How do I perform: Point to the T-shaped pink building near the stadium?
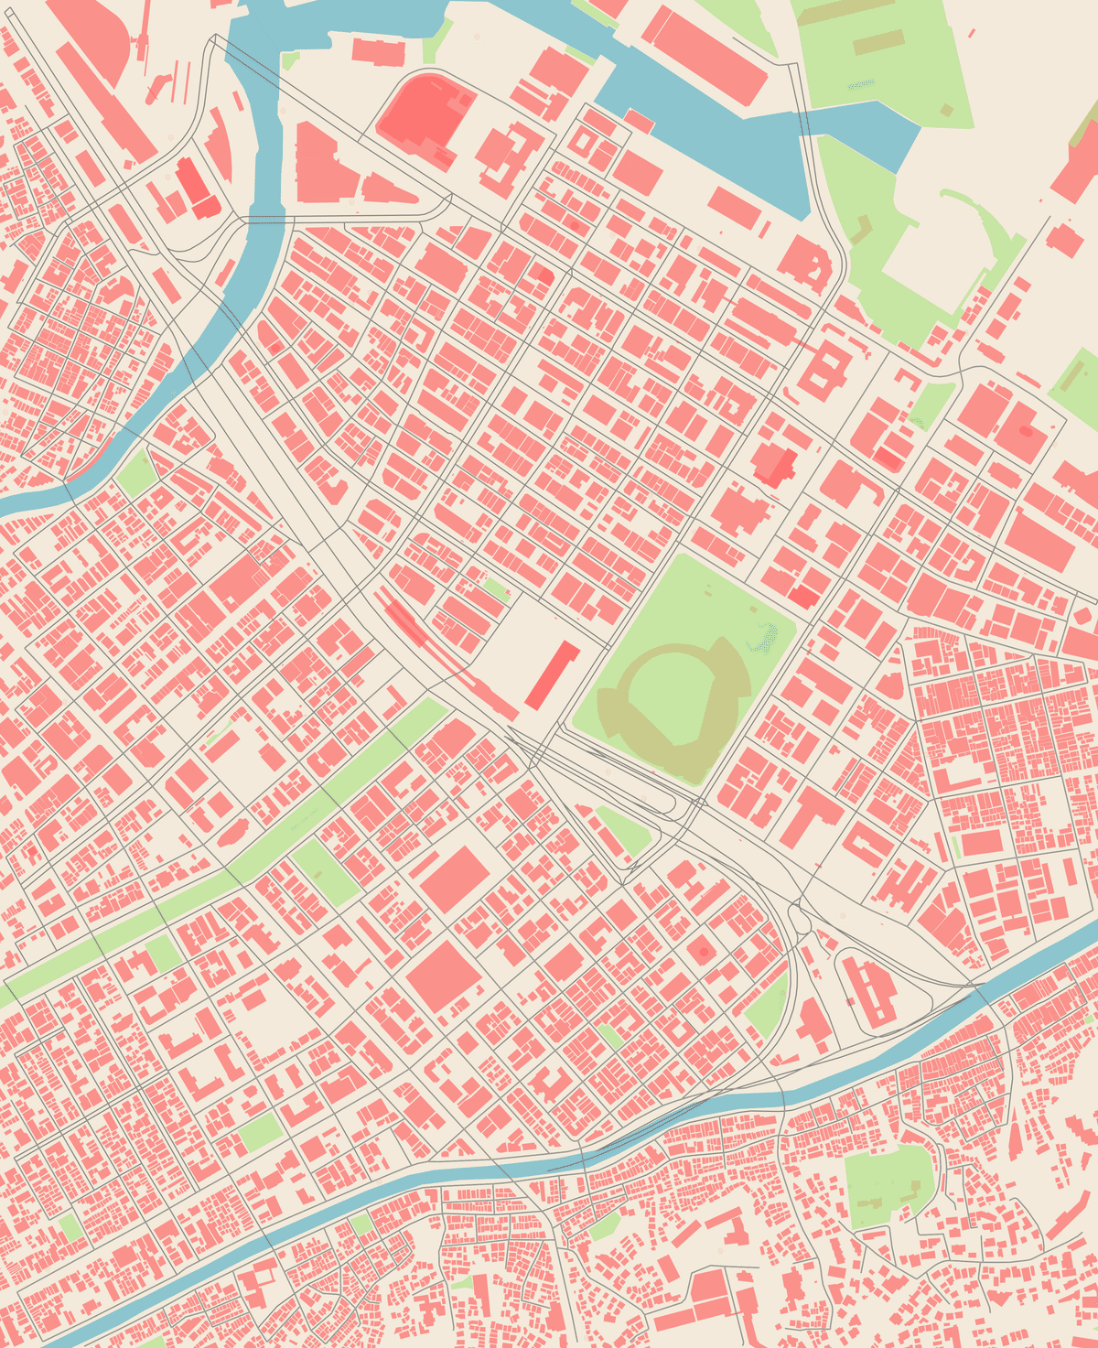(x=806, y=814)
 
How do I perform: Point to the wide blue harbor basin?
(x=723, y=137)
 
